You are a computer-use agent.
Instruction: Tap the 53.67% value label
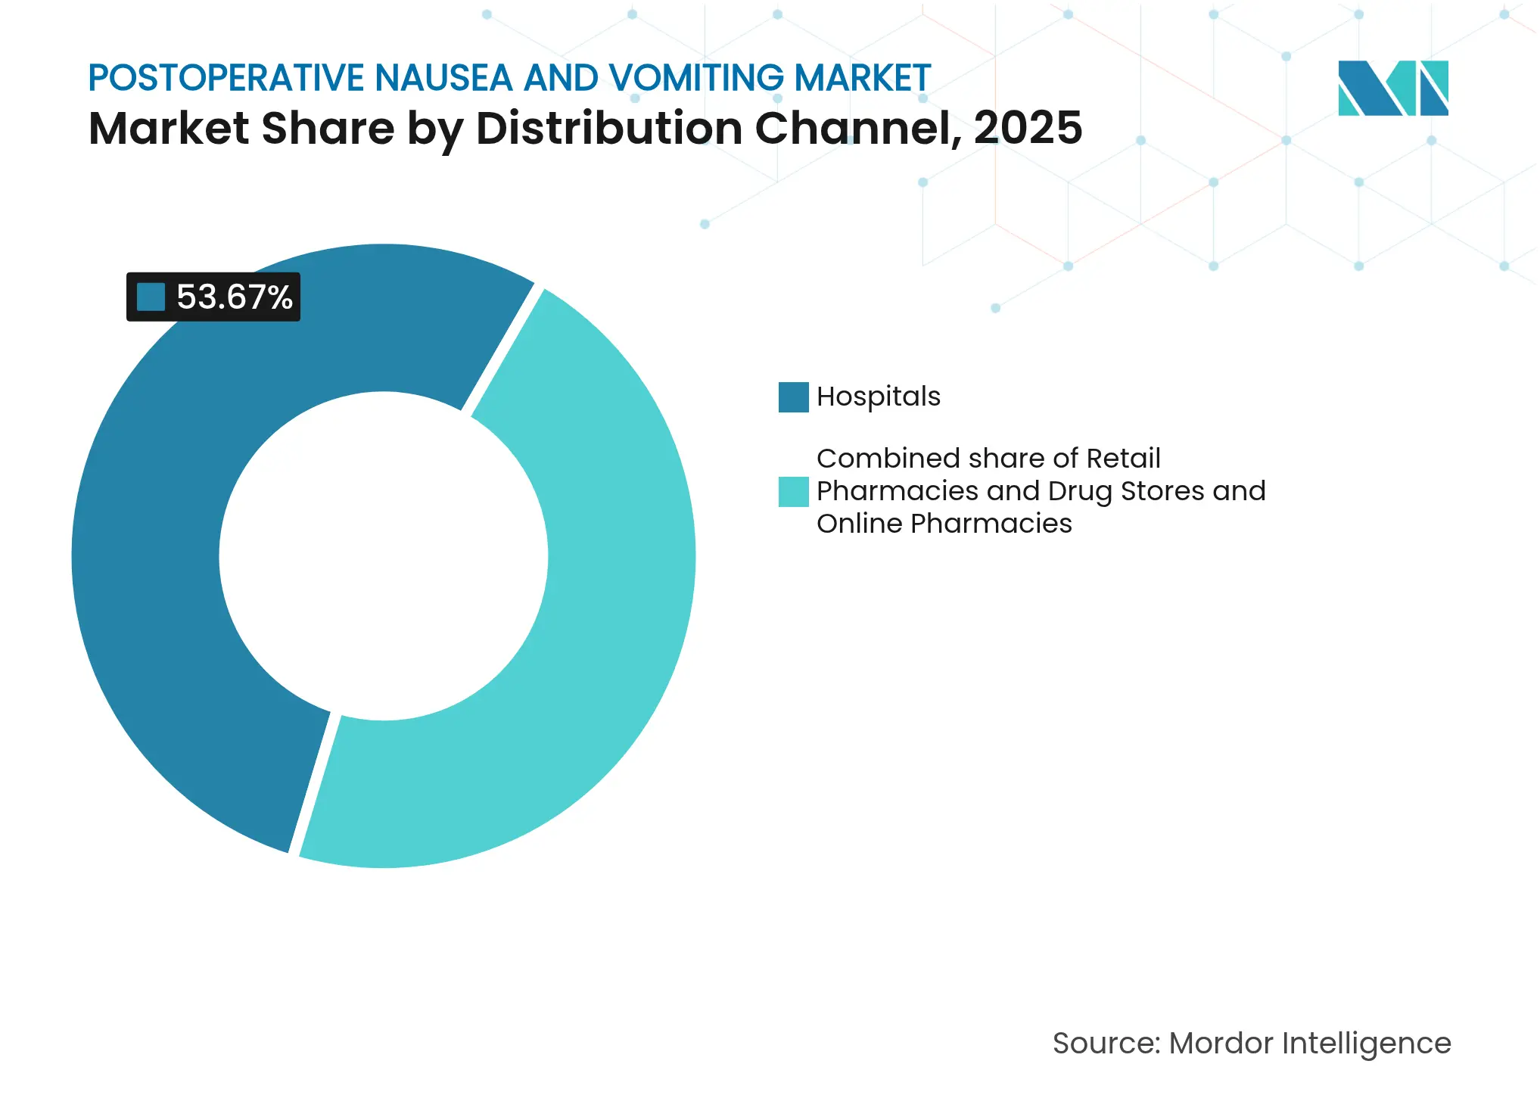(x=234, y=297)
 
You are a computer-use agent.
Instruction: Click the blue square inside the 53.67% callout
(x=151, y=297)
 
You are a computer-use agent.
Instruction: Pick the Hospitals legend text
(x=878, y=397)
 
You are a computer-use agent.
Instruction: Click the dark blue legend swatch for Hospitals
(x=793, y=397)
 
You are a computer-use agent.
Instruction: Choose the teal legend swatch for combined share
(x=793, y=491)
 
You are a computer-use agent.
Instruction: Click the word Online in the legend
(x=859, y=524)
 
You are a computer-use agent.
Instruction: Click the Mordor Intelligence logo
(x=1392, y=88)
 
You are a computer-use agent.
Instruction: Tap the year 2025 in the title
(x=1028, y=128)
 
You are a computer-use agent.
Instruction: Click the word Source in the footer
(x=1105, y=1044)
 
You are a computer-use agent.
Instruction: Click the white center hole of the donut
(x=384, y=556)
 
